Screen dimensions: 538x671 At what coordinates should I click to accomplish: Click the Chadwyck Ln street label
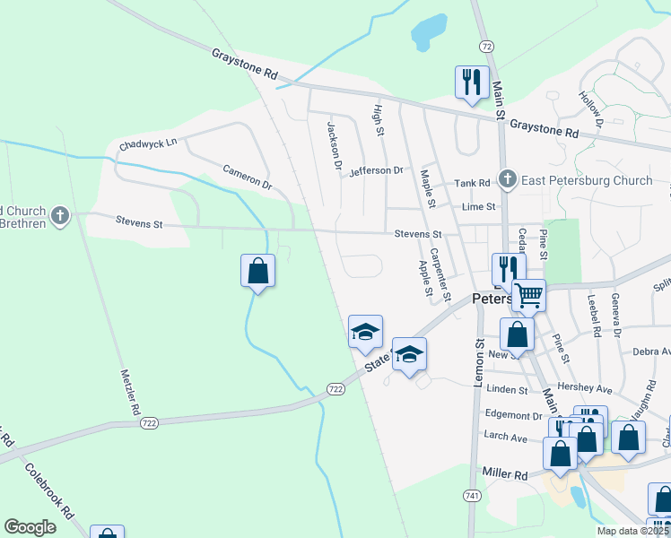point(148,143)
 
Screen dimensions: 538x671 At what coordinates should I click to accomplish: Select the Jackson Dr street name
point(335,146)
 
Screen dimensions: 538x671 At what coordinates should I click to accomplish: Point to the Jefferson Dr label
point(377,170)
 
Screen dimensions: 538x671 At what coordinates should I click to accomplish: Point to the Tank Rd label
point(472,183)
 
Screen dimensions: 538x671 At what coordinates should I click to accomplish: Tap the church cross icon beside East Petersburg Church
point(508,179)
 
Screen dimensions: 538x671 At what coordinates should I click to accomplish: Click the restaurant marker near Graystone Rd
point(471,82)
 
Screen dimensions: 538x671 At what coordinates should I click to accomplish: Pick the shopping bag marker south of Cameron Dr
point(257,271)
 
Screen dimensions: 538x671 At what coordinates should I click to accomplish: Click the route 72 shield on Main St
point(486,45)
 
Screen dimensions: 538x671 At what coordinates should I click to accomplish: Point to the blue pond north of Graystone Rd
point(429,31)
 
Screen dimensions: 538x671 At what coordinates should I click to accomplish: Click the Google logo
point(30,527)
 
